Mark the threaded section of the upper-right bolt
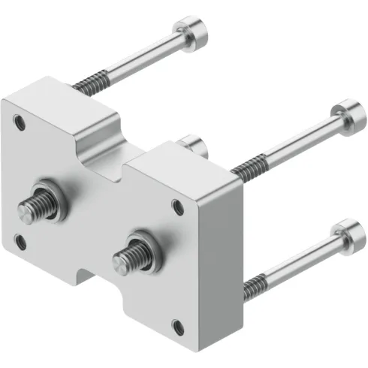pyautogui.click(x=246, y=168)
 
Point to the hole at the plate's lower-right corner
pyautogui.click(x=176, y=325)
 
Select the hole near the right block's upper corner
pyautogui.click(x=176, y=203)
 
